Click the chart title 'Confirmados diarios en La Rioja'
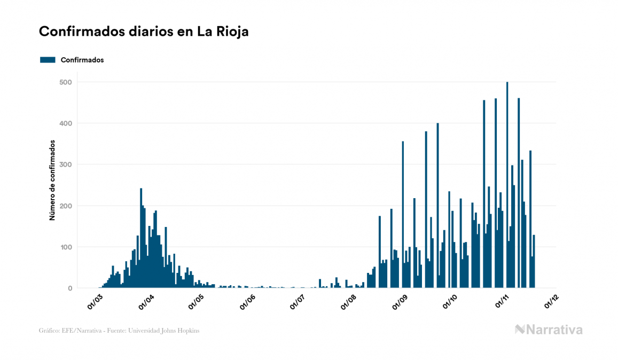144,32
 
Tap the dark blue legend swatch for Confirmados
48,60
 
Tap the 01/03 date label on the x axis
95,301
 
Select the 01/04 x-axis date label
146,301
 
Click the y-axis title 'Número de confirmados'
52,180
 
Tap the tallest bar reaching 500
507,185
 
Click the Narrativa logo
549,330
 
